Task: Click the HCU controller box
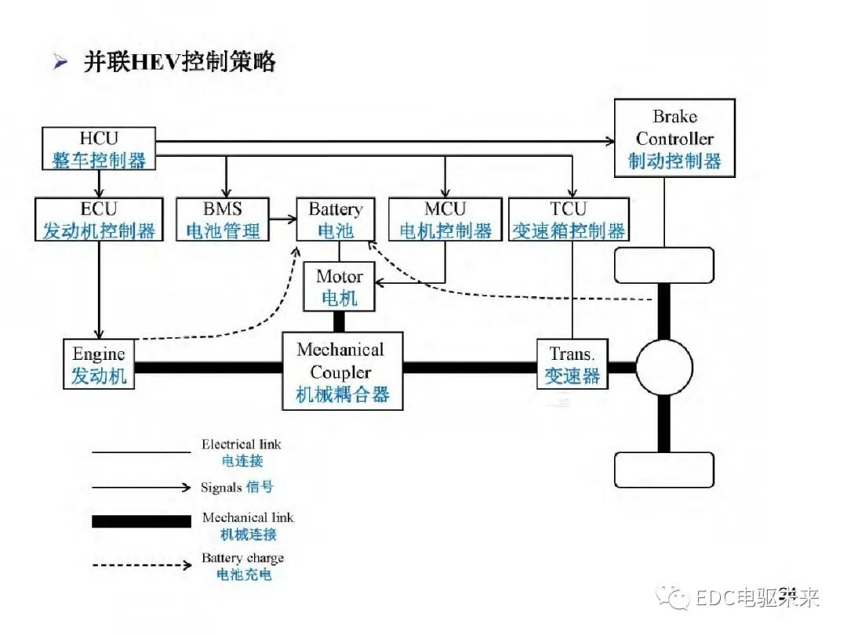click(x=99, y=149)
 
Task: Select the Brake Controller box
click(x=674, y=138)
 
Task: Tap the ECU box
click(x=99, y=220)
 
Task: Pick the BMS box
click(x=223, y=220)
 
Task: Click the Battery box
click(x=336, y=220)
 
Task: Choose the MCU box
click(x=445, y=220)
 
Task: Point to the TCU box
click(x=569, y=220)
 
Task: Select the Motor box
click(x=340, y=287)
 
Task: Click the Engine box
click(x=99, y=365)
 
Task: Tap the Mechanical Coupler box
click(x=342, y=372)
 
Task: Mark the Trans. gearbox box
click(x=572, y=365)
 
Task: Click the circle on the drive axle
click(x=664, y=367)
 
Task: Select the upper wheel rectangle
click(x=664, y=265)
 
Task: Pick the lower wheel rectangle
click(x=664, y=470)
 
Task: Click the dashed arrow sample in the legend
click(x=141, y=564)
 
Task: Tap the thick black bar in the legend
click(x=141, y=521)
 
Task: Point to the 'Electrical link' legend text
click(x=241, y=444)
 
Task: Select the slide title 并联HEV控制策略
click(x=180, y=63)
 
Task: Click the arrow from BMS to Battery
click(x=282, y=220)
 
